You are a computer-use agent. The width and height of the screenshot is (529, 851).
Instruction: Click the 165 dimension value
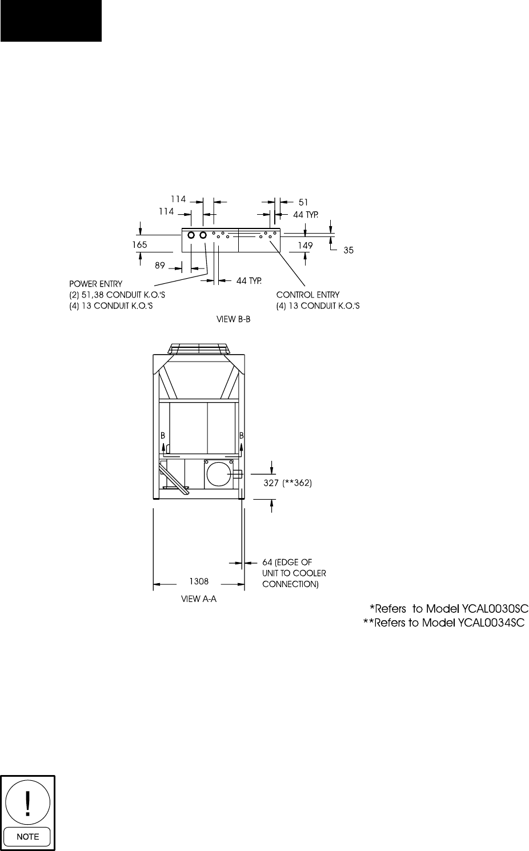[x=139, y=244]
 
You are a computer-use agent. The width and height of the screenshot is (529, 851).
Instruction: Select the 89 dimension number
[x=160, y=266]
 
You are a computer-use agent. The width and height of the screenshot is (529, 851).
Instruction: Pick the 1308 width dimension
[x=199, y=582]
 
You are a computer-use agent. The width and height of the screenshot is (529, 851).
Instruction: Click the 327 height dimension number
[x=271, y=483]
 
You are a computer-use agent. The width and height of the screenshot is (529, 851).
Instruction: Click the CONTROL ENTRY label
[x=307, y=295]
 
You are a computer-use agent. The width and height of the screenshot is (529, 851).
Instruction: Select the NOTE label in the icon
[x=28, y=836]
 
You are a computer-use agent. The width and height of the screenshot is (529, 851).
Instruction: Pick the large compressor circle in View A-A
[x=218, y=474]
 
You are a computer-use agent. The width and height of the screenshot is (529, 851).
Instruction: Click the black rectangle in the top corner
[x=51, y=21]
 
